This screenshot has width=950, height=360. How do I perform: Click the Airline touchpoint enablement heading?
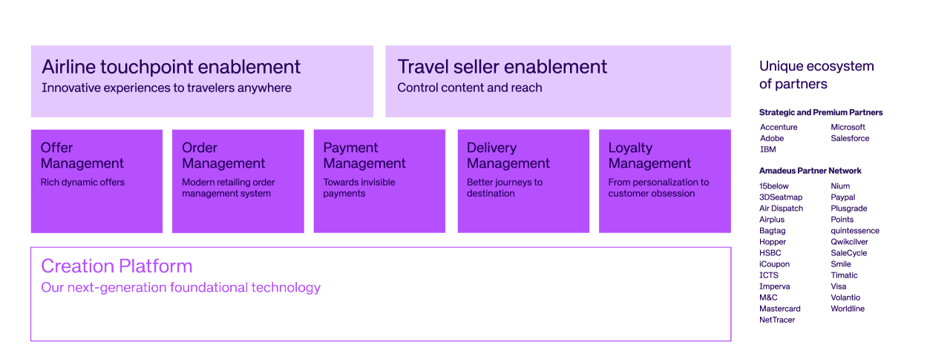171,67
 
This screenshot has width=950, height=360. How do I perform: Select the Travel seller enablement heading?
502,67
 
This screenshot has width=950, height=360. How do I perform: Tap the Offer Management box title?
82,156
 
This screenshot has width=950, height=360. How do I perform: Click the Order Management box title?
223,156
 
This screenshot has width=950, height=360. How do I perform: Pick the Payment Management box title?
364,156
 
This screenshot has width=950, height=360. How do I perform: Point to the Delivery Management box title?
508,156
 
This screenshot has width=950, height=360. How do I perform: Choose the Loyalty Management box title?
649,156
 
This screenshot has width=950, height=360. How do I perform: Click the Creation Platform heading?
117,266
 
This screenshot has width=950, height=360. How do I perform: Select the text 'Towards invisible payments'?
359,188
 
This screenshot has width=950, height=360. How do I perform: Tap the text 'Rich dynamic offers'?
82,183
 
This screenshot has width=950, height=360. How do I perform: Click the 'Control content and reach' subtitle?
469,88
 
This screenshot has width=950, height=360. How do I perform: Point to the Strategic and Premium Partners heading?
821,113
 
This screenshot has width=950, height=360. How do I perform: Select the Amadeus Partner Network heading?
810,171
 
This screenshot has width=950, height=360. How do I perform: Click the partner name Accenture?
779,128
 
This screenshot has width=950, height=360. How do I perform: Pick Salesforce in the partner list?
850,139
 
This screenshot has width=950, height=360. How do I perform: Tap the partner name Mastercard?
779,309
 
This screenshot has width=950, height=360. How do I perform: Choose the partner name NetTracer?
777,320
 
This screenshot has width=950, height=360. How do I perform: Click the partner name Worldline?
848,309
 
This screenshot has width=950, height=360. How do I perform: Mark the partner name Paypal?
842,197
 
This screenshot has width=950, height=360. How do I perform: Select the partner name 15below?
774,186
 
